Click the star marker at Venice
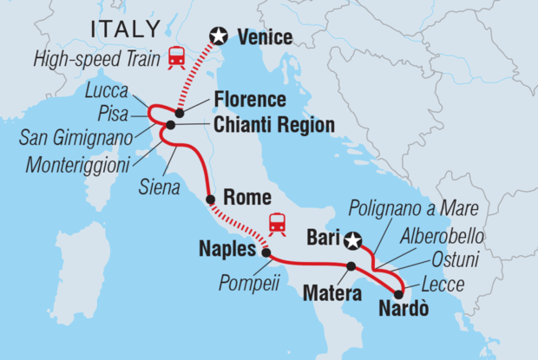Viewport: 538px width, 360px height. [x=220, y=36]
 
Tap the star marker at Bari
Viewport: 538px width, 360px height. [x=352, y=239]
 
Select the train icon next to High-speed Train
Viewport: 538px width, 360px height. [x=177, y=57]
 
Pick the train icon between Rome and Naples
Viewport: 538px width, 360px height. [x=278, y=224]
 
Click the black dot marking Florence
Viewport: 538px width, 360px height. [x=179, y=113]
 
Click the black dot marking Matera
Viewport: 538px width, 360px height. [x=351, y=266]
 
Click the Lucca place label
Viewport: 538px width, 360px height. [x=106, y=90]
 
